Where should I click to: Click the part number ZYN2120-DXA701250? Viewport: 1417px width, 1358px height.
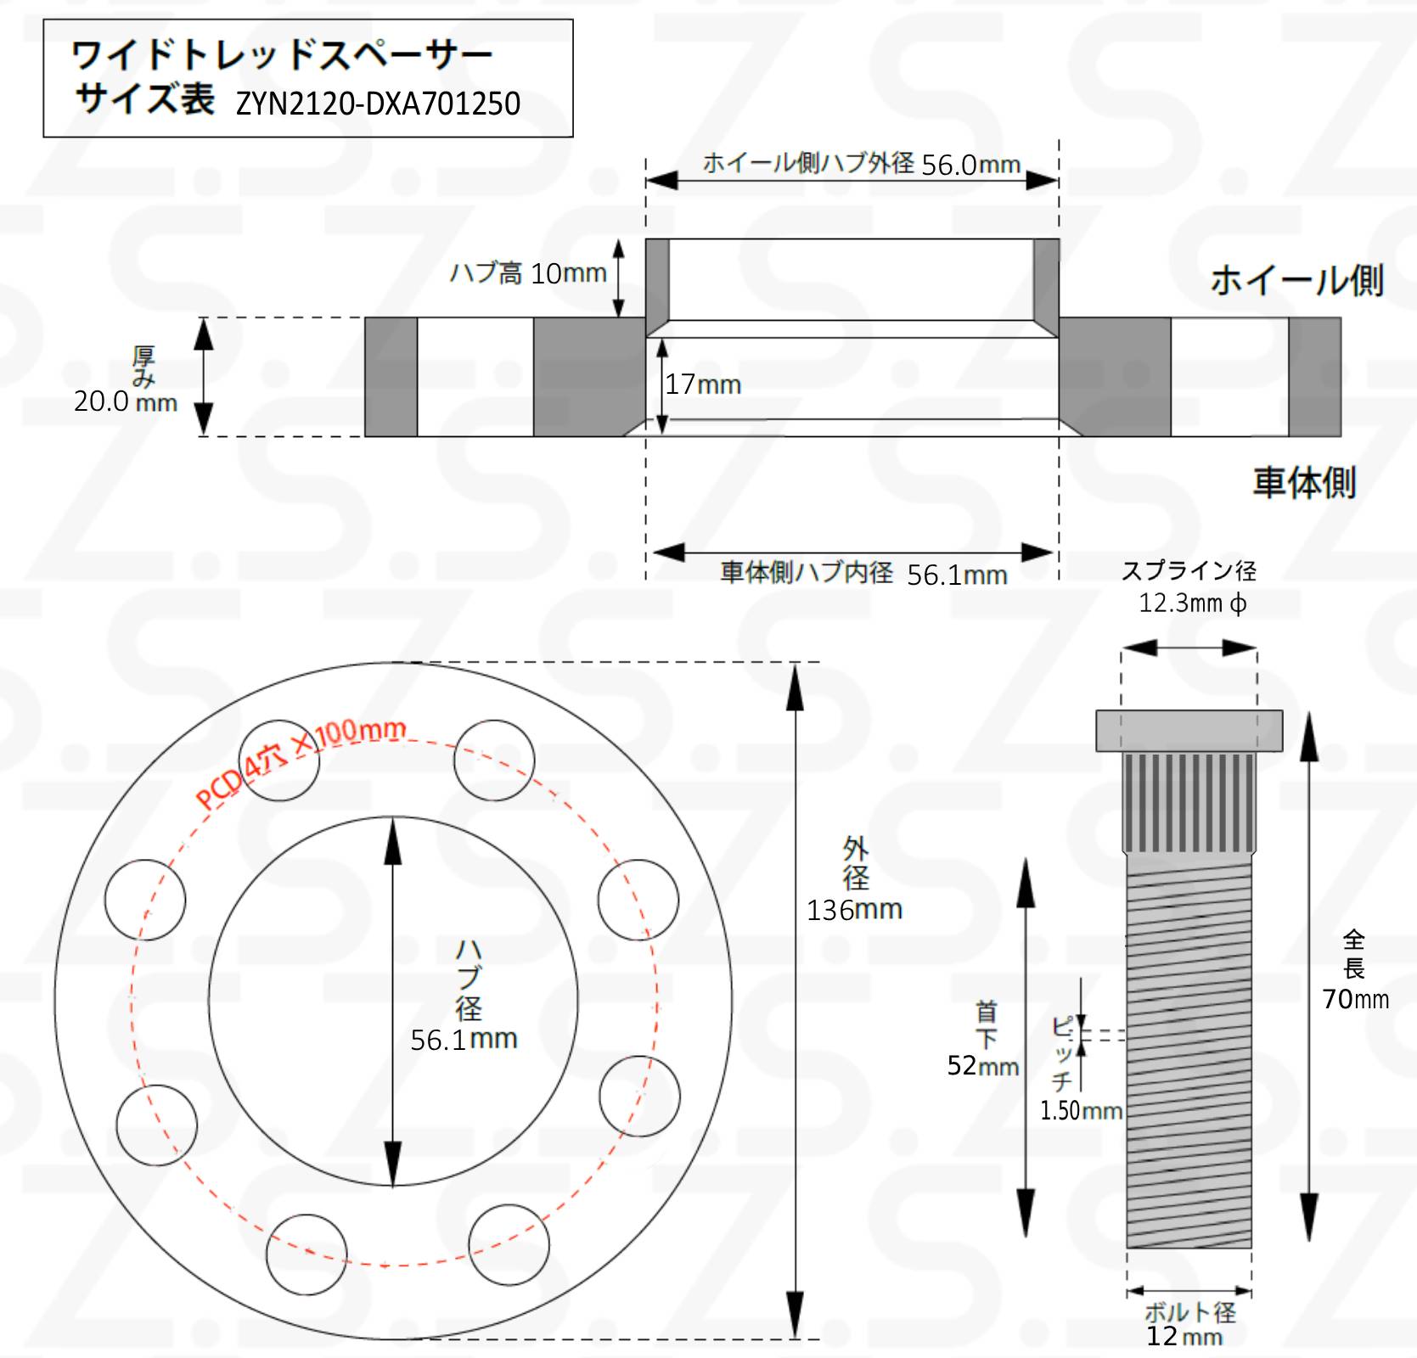click(x=378, y=104)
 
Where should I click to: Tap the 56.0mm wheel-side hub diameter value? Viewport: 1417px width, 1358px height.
click(x=970, y=164)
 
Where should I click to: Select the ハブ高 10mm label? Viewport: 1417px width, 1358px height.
click(x=528, y=272)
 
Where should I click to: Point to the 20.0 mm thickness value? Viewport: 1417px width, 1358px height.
click(x=126, y=401)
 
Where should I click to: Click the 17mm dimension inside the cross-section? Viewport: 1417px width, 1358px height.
click(x=703, y=384)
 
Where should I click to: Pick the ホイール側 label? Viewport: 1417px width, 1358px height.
click(x=1296, y=279)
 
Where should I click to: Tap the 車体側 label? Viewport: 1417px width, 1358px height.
click(x=1304, y=482)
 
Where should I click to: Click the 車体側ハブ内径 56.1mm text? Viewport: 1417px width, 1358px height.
click(x=863, y=573)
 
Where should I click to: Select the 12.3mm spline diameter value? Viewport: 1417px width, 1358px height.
click(x=1193, y=603)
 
